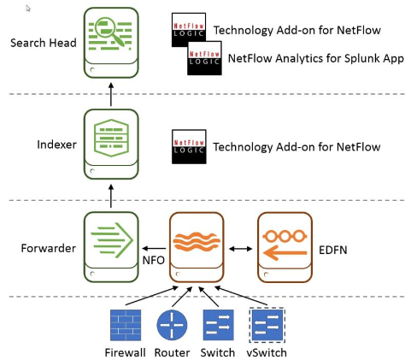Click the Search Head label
pos(44,43)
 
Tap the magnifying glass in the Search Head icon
pos(109,31)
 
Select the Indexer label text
pos(56,145)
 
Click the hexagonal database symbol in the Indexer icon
pos(111,138)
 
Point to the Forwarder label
pos(49,248)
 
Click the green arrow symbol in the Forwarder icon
pos(112,240)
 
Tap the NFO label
pos(154,260)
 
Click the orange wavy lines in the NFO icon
pos(197,241)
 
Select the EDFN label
pos(333,251)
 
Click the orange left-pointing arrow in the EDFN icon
pos(285,252)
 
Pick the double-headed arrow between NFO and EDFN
pos(241,249)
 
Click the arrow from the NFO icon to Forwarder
pos(154,249)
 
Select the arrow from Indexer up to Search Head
pos(111,94)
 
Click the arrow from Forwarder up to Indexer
pos(111,196)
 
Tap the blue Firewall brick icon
pos(126,325)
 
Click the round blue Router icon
pos(172,325)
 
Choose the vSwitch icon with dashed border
pos(267,325)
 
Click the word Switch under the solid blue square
pos(218,353)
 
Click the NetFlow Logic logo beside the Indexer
pos(189,147)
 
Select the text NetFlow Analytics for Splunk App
pos(316,58)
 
